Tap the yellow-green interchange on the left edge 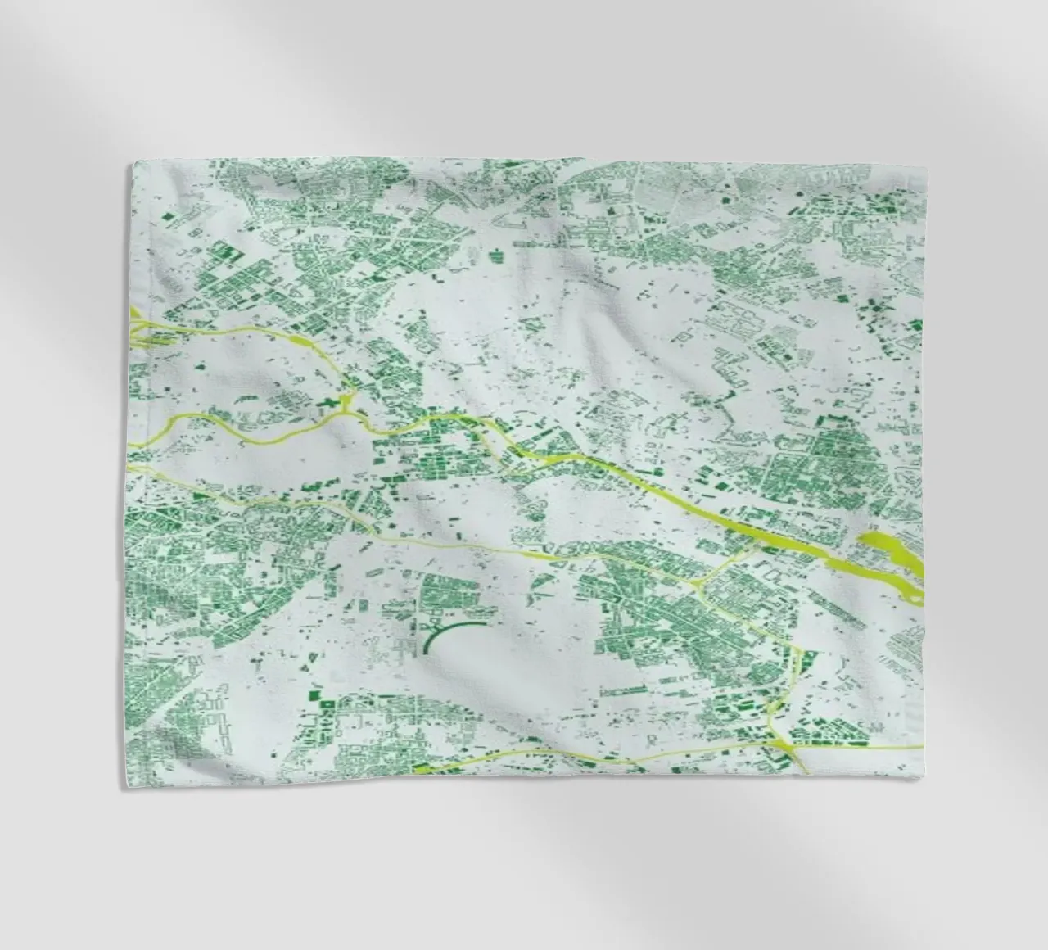[x=138, y=324]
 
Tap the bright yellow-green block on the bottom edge [x=425, y=769]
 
